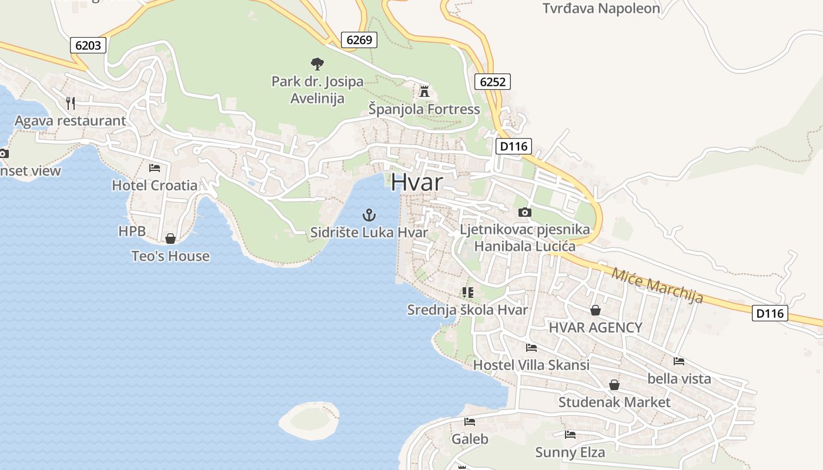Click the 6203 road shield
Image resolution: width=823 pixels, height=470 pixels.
[88, 45]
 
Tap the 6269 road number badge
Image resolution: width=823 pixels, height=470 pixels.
[359, 40]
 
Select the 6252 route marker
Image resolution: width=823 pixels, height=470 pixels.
[493, 82]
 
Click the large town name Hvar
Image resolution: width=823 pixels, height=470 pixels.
[417, 182]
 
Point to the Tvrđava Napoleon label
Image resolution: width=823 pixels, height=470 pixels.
[601, 8]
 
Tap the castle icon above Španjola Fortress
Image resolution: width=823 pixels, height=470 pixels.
[424, 91]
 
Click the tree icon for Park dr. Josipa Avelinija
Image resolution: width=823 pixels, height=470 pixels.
[317, 63]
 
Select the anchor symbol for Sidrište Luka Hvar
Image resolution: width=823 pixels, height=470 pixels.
[369, 215]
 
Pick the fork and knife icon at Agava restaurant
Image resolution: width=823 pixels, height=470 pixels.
[71, 103]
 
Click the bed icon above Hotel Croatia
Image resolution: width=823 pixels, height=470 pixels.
[155, 168]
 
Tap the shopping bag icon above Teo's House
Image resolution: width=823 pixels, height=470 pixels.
[170, 239]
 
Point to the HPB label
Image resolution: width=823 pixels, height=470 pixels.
[132, 231]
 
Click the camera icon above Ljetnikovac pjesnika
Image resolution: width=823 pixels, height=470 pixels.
[525, 212]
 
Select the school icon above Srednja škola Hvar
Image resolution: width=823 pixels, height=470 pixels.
[468, 292]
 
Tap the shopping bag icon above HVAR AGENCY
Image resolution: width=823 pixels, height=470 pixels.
[595, 310]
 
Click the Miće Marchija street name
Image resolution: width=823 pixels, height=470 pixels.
[657, 285]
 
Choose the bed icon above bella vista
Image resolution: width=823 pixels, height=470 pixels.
[679, 361]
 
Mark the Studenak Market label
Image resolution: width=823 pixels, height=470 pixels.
[614, 402]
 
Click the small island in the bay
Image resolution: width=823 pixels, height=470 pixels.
[309, 420]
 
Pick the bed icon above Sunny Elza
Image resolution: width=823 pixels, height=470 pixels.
[570, 435]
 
